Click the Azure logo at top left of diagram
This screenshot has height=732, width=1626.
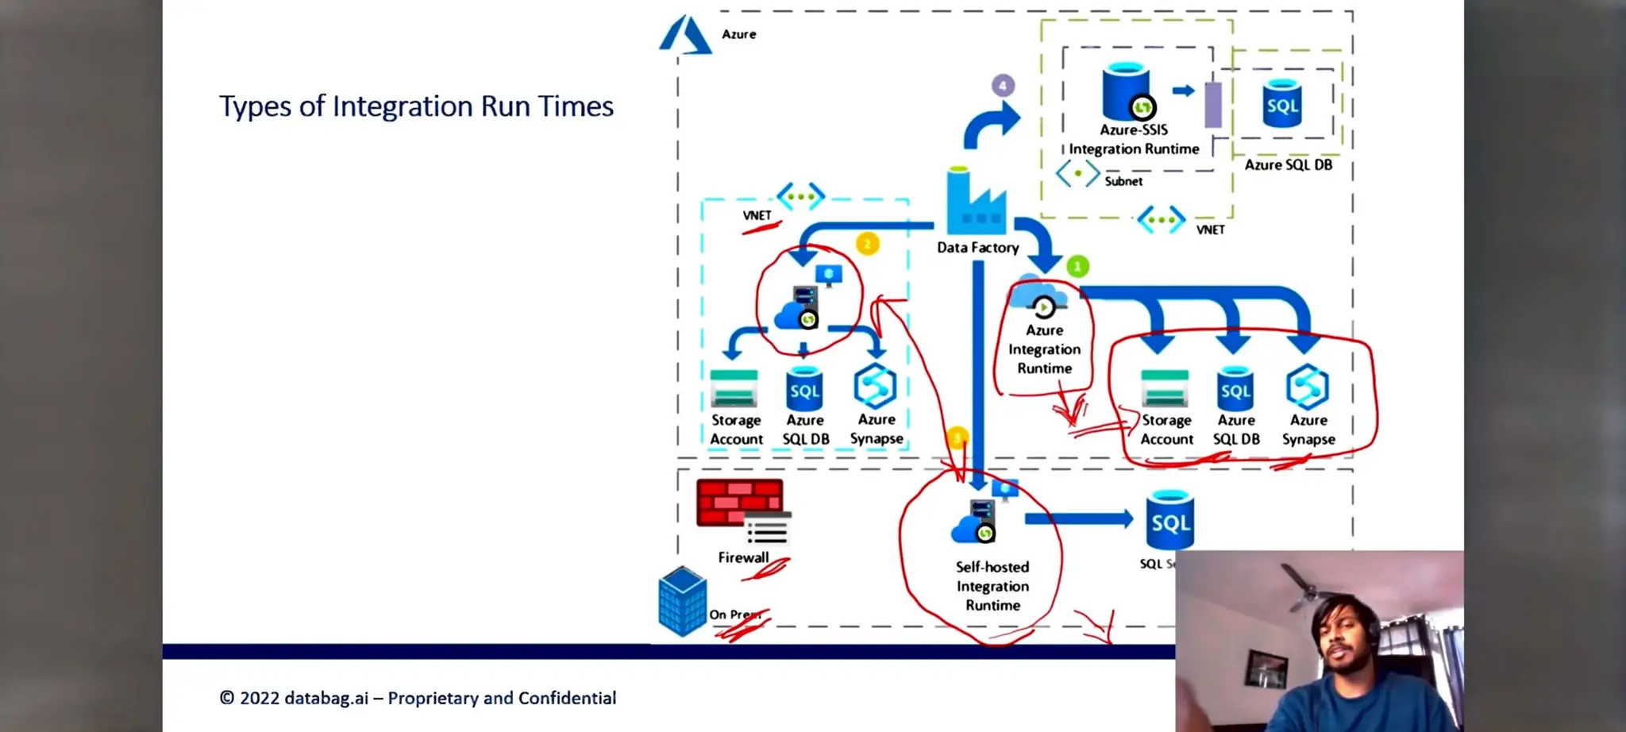tap(684, 36)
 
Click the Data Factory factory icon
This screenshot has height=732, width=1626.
tap(976, 203)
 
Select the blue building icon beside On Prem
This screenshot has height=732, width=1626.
tap(682, 601)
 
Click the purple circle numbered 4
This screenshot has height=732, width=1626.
tap(1003, 85)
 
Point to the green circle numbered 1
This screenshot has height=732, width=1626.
tap(1077, 267)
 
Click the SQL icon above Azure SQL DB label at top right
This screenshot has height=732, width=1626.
tap(1282, 104)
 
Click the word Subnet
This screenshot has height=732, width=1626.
tap(1123, 181)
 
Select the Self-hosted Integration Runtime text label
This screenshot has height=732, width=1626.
tap(992, 586)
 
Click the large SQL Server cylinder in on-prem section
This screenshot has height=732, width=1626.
tap(1170, 521)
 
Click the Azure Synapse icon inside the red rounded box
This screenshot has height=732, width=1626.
tap(1307, 387)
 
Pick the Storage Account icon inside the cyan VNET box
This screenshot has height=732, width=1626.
tap(734, 388)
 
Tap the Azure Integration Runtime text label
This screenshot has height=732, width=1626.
tap(1044, 349)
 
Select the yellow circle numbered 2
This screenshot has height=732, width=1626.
tap(867, 244)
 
